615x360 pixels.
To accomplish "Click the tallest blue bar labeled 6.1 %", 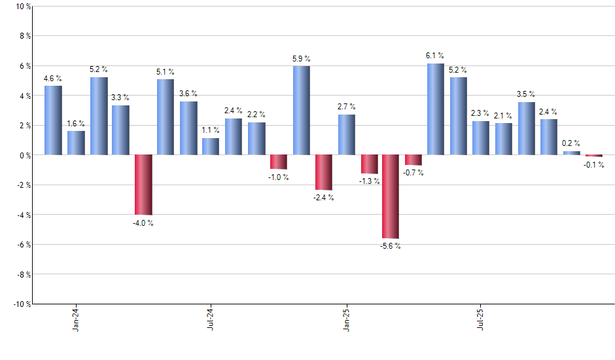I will point(435,109).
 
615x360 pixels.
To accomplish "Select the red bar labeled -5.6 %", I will point(391,196).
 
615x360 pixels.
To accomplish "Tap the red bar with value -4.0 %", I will point(143,185).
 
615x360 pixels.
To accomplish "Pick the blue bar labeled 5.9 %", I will point(301,111).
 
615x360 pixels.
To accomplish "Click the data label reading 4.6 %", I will point(53,79).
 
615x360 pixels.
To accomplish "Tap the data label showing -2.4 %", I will point(323,198).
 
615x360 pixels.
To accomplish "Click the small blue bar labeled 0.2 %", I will point(571,153).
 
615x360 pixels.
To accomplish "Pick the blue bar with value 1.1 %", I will point(211,147).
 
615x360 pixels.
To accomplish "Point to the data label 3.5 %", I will point(526,95).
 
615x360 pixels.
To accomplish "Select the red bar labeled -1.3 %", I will point(369,164).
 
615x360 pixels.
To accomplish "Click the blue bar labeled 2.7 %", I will point(346,135).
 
